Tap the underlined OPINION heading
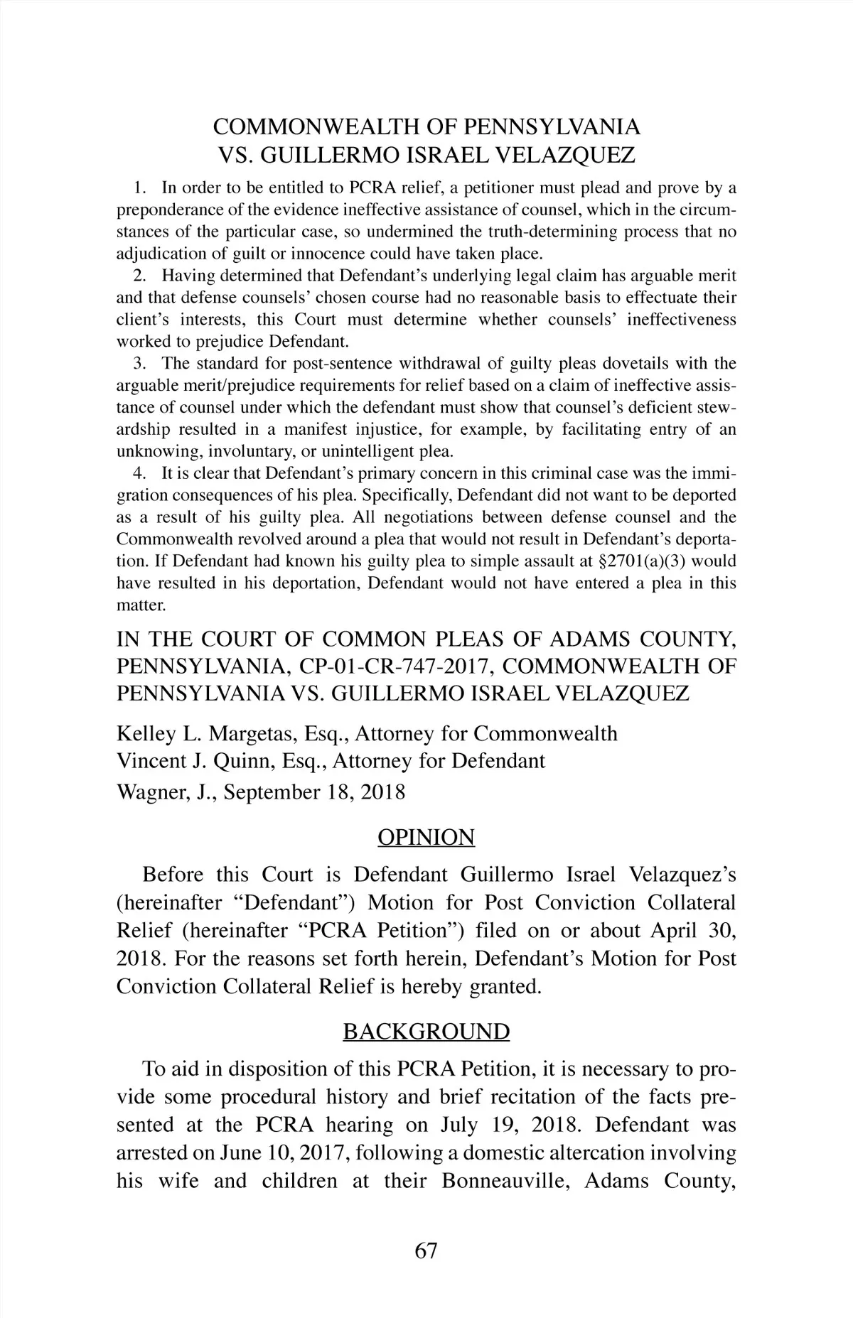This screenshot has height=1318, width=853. click(426, 838)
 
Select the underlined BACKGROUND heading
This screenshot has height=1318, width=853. click(426, 1031)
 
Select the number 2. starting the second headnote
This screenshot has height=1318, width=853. click(139, 276)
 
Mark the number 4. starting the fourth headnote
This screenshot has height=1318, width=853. click(139, 473)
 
